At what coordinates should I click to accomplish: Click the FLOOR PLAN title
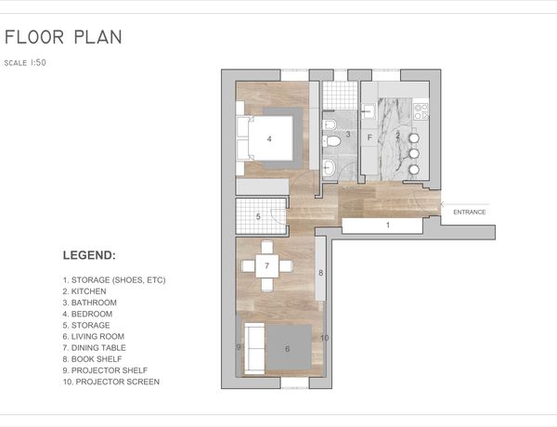pos(63,37)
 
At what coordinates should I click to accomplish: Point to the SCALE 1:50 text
pos(25,63)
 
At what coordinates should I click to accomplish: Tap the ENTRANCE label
pos(469,212)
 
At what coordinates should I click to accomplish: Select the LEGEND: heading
pos(89,255)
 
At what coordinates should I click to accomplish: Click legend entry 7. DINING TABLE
pos(94,348)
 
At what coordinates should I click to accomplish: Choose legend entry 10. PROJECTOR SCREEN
pos(111,382)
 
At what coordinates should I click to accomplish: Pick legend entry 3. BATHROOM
pos(89,303)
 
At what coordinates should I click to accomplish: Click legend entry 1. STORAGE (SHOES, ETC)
pos(114,280)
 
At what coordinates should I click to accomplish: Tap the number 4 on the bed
pos(269,139)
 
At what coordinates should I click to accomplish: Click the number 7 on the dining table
pos(266,265)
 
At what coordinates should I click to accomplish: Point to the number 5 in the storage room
pos(258,216)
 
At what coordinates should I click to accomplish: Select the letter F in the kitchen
pos(369,137)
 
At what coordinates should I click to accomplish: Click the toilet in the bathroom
pos(331,141)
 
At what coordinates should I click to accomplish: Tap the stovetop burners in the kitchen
pos(421,110)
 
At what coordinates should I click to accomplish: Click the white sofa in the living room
pos(254,348)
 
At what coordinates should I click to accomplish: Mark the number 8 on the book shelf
pos(321,273)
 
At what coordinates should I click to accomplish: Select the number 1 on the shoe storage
pos(388,225)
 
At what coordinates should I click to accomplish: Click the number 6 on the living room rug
pos(288,349)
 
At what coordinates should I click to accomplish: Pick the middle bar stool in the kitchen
pos(414,153)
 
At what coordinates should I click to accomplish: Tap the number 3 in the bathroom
pos(348,135)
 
